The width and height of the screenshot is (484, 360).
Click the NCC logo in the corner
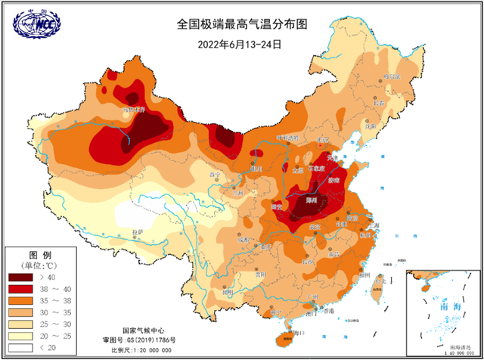coord(36,23)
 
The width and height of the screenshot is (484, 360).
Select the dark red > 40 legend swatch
coord(23,278)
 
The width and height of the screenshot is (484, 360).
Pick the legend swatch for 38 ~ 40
coord(23,290)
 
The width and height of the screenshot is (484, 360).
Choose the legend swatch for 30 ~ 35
coord(23,312)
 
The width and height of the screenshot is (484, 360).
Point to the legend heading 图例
coord(39,254)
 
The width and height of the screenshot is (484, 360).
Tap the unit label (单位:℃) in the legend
coord(39,265)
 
